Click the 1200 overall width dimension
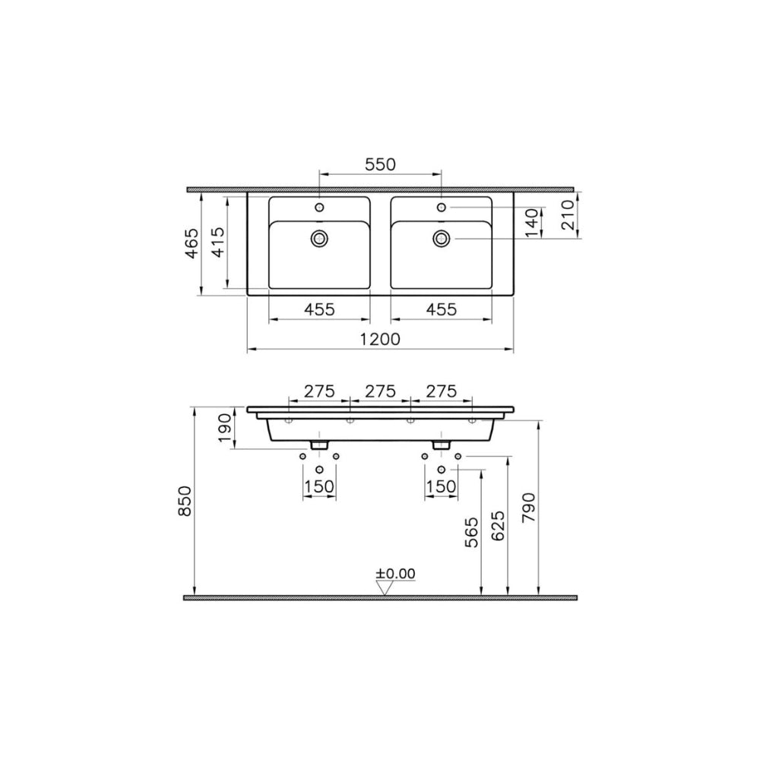tap(380, 339)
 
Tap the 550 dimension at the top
tap(381, 165)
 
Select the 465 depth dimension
tap(192, 243)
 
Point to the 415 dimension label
tap(219, 242)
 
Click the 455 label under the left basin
tap(319, 309)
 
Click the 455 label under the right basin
tap(441, 309)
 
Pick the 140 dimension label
tap(532, 223)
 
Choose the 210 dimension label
tap(568, 215)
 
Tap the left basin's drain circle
tap(319, 238)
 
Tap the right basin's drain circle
tap(441, 238)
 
